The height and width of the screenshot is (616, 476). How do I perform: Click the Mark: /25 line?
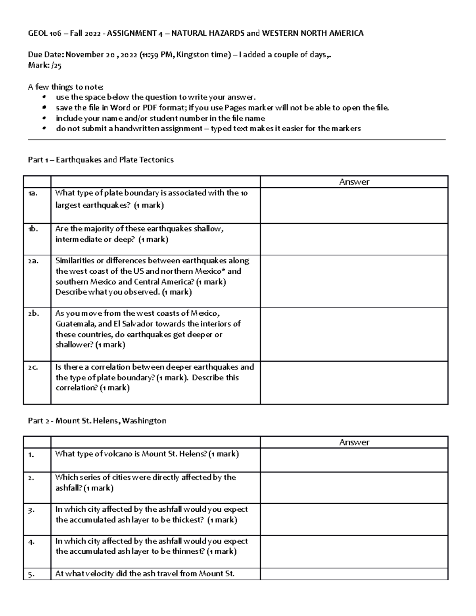pyautogui.click(x=44, y=65)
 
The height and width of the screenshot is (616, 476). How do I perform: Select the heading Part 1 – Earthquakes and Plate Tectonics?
pyautogui.click(x=101, y=160)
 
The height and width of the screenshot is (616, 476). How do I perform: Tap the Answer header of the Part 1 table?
pyautogui.click(x=354, y=182)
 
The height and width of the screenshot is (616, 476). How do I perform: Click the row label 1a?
pyautogui.click(x=33, y=194)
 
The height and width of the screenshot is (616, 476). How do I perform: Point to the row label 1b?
pyautogui.click(x=33, y=229)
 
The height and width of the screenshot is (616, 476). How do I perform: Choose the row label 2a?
pyautogui.click(x=33, y=261)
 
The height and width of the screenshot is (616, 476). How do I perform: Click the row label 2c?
pyautogui.click(x=33, y=367)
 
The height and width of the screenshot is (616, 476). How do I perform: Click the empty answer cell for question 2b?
pyautogui.click(x=354, y=334)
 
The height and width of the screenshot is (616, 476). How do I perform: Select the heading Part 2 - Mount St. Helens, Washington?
pyautogui.click(x=97, y=421)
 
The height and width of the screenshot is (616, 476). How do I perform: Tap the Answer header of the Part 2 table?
pyautogui.click(x=354, y=442)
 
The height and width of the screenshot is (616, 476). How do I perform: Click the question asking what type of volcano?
pyautogui.click(x=147, y=454)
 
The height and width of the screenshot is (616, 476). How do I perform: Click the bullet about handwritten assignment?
pyautogui.click(x=208, y=129)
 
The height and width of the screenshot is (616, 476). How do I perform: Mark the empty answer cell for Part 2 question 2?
pyautogui.click(x=354, y=487)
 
